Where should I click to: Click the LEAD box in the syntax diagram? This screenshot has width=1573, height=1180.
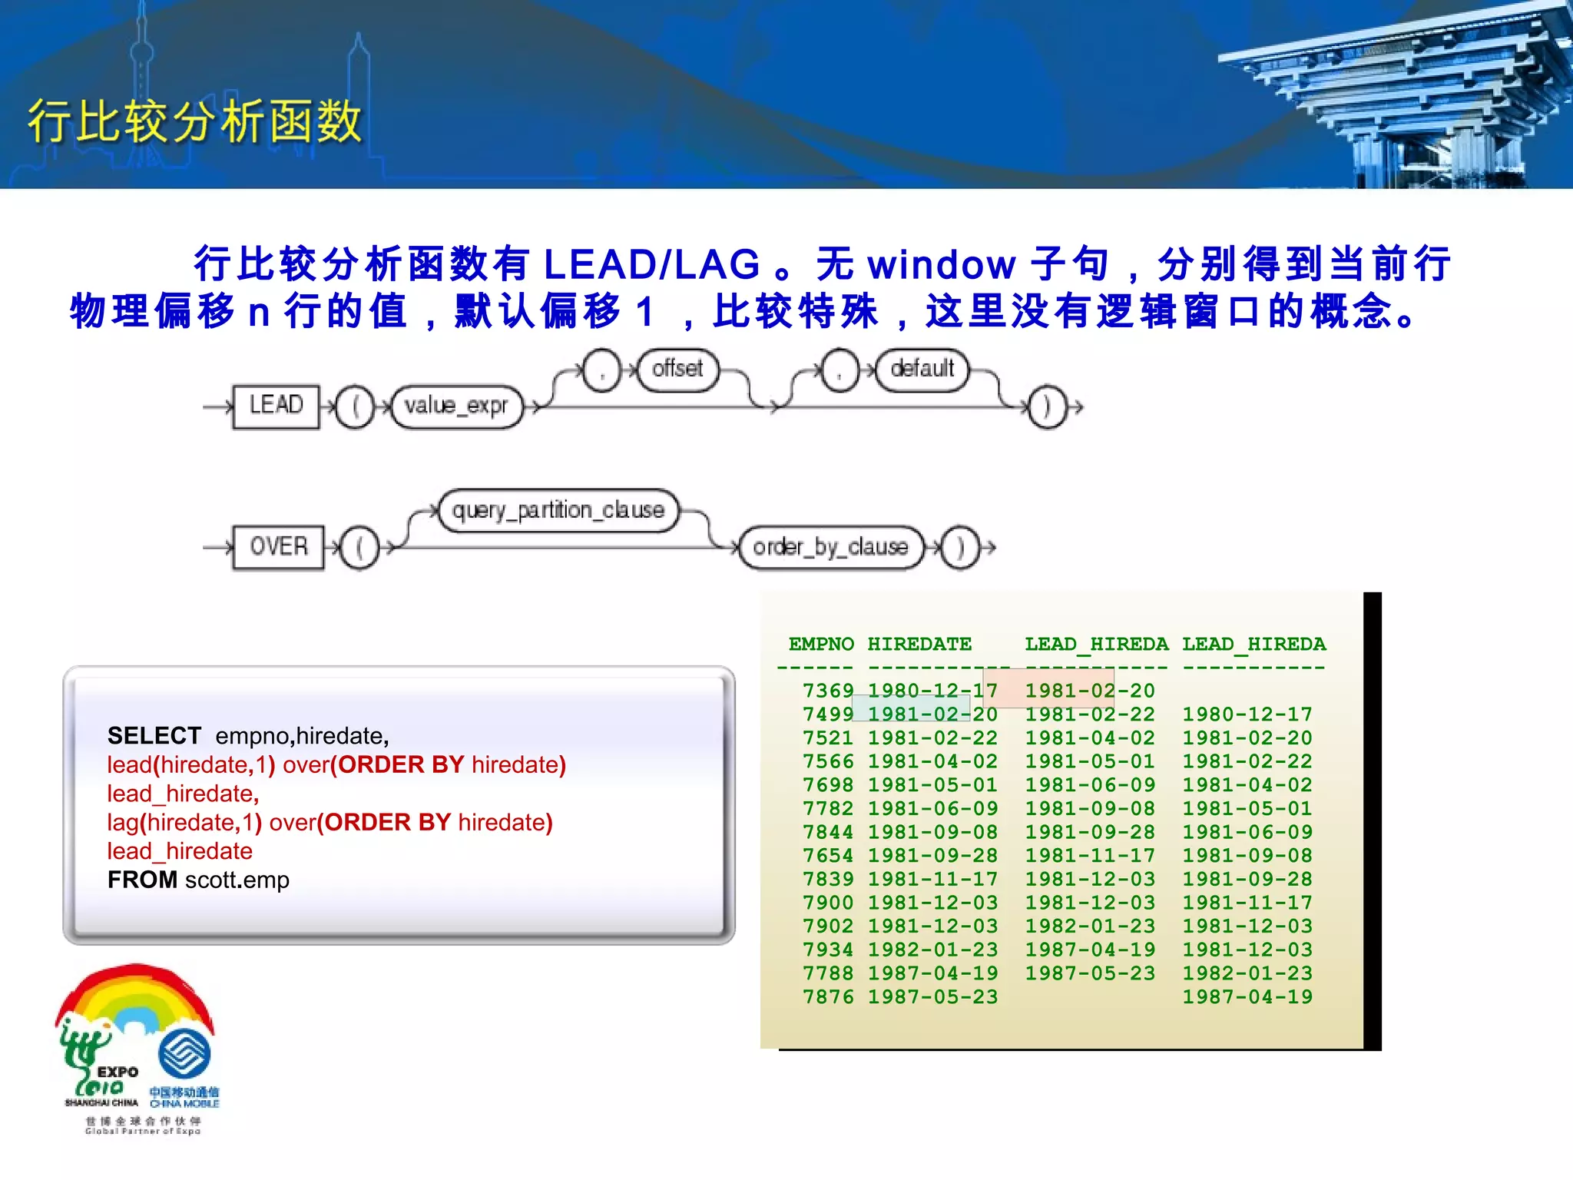coord(276,406)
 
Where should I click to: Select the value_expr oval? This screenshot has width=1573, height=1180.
coord(456,406)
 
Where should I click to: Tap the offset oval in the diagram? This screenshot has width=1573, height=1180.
coord(677,370)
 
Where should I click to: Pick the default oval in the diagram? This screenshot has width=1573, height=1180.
coord(922,370)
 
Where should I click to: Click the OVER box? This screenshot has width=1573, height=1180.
coord(278,547)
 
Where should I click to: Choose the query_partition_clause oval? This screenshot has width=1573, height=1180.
coord(558,510)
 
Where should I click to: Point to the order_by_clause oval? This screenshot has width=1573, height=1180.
coord(830,547)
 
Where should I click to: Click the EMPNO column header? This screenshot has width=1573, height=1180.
coord(821,644)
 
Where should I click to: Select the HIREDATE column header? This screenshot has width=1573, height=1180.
coord(919,644)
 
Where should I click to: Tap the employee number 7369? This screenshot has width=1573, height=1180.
coord(828,691)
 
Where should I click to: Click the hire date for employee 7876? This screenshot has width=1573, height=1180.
coord(933,996)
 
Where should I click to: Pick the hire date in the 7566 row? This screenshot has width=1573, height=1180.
coord(933,761)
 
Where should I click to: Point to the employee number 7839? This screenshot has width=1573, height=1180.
coord(828,879)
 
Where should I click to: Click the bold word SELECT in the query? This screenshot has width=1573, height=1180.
coord(154,736)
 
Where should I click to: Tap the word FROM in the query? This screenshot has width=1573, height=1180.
coord(143,880)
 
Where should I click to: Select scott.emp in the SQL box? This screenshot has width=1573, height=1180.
coord(237,880)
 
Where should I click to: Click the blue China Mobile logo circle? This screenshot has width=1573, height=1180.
coord(184,1054)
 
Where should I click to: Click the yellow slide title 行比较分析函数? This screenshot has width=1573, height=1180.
coord(195,121)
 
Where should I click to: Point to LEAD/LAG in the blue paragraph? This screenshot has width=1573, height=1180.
coord(651,264)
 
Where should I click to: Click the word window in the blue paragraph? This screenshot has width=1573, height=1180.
coord(942,264)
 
